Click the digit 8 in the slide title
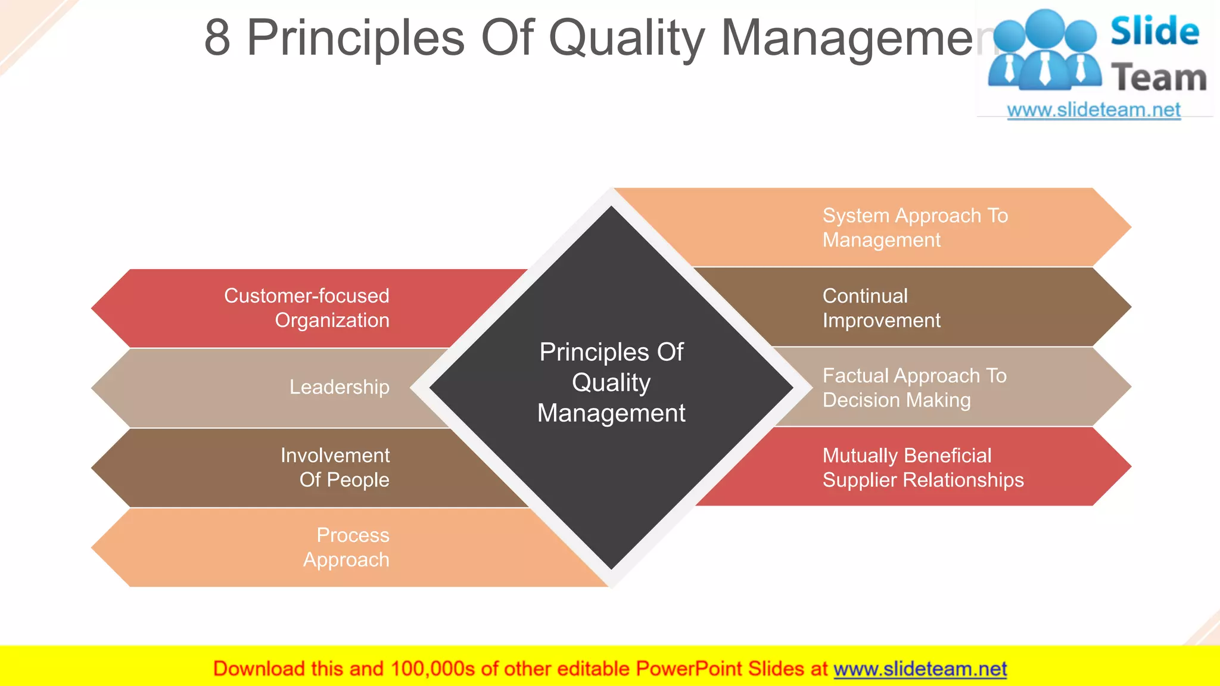click(x=217, y=38)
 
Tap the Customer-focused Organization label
click(x=307, y=308)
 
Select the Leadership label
click(x=340, y=387)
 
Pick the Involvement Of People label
click(x=335, y=467)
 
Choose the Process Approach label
click(x=347, y=547)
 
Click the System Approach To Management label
click(x=915, y=227)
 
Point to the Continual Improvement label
click(x=882, y=308)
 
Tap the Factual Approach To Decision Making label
click(x=914, y=388)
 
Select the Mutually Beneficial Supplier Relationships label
click(x=923, y=467)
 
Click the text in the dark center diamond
click(x=611, y=382)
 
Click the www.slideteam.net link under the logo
click(x=1094, y=110)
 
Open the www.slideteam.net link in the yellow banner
click(x=920, y=669)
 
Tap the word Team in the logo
click(x=1159, y=78)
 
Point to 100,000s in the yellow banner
click(x=432, y=669)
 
